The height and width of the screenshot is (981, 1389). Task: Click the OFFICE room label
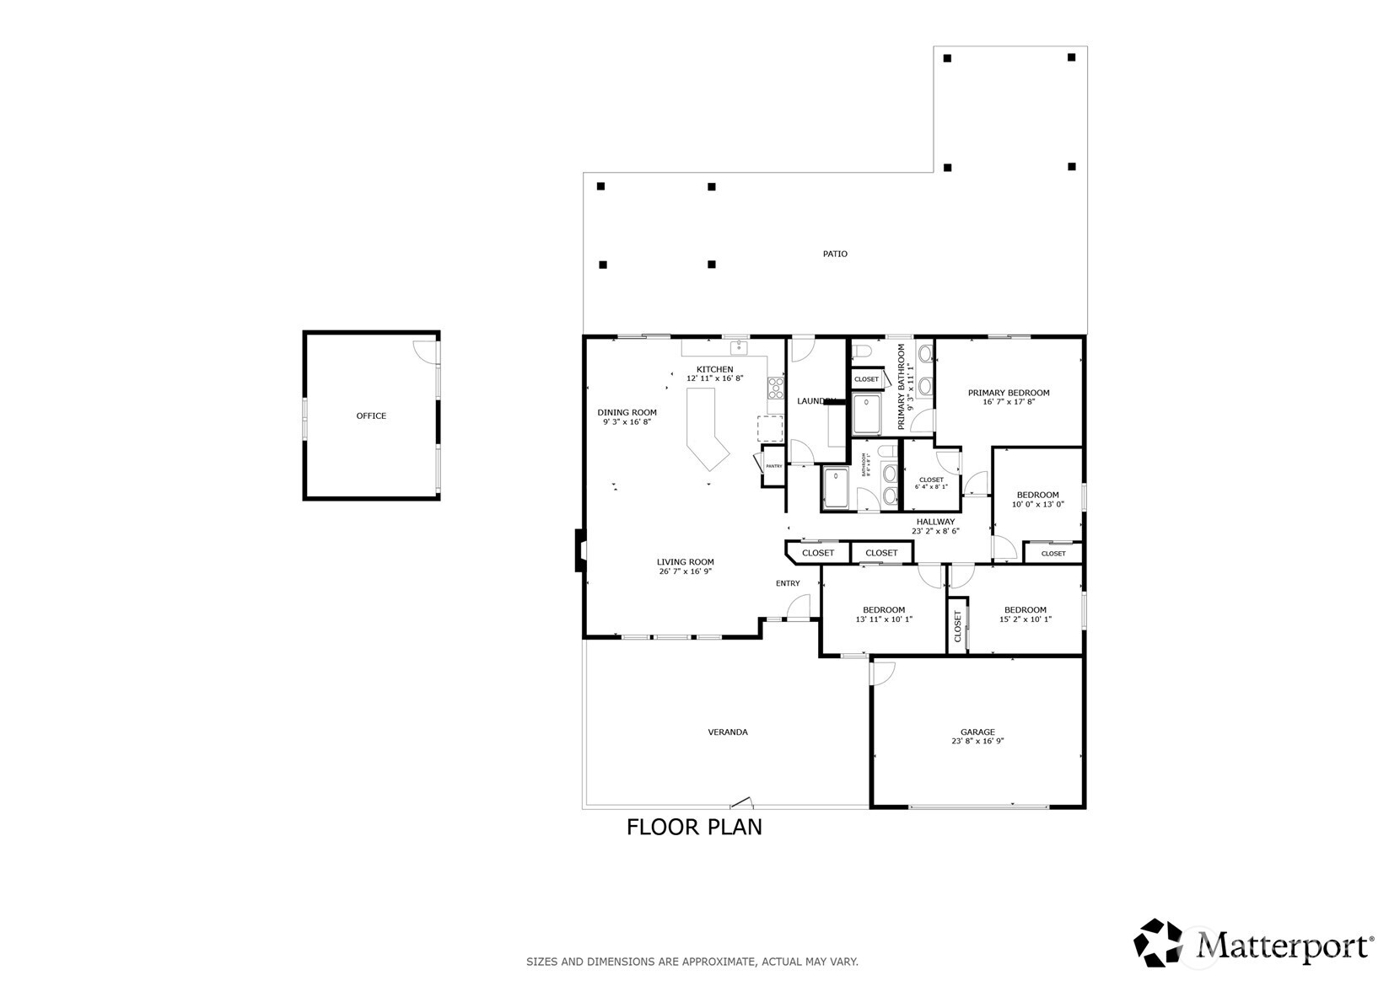(371, 415)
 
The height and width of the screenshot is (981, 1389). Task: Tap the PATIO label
(835, 254)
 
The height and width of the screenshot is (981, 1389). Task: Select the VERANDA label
(727, 732)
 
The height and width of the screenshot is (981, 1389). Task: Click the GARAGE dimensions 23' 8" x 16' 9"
(977, 742)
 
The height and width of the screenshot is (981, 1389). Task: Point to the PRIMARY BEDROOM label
(1009, 393)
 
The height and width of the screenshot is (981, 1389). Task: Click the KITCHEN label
(714, 369)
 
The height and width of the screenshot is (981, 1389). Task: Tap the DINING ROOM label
(627, 412)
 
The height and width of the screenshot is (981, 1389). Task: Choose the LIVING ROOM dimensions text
(685, 571)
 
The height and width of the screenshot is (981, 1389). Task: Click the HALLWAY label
(935, 522)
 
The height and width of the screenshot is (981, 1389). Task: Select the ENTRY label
(788, 583)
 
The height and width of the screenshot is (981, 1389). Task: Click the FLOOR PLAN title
(694, 827)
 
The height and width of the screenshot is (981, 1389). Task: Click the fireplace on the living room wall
(580, 550)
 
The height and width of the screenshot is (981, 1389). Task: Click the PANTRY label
(773, 466)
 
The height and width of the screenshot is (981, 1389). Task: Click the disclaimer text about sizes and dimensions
(692, 961)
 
